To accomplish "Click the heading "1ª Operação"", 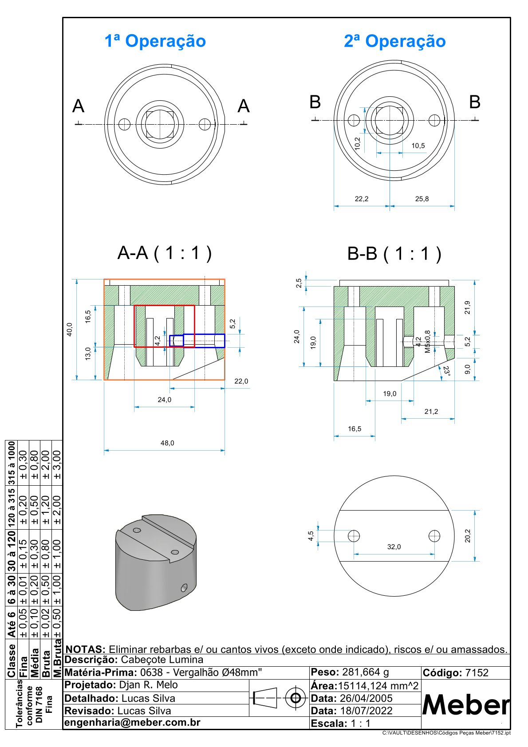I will point(155,41).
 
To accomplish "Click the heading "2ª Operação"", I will point(394,41).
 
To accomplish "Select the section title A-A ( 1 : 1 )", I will point(164,253).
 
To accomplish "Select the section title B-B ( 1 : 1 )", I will point(394,254).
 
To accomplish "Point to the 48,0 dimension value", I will point(167,443).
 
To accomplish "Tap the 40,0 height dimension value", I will point(70,330).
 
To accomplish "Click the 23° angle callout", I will point(446,371).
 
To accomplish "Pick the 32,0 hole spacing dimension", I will point(394,547).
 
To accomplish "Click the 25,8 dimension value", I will point(422,199).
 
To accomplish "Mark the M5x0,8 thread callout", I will point(427,341).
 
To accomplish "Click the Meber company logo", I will point(465,704).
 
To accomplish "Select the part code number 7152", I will point(477,673).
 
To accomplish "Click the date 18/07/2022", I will point(366,711).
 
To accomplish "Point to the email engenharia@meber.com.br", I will point(133,723).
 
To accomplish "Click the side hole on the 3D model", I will point(184,588).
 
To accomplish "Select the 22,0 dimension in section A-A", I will point(241,381).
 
